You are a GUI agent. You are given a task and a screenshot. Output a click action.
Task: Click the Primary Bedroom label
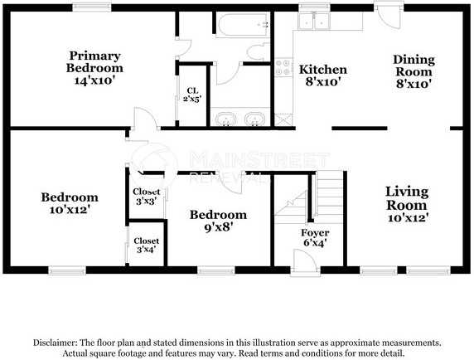[x=95, y=68]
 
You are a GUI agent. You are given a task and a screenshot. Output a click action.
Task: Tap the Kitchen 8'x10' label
[x=323, y=75]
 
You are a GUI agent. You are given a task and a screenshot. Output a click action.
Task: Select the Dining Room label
[x=414, y=71]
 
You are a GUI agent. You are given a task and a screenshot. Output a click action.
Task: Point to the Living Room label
[x=407, y=204]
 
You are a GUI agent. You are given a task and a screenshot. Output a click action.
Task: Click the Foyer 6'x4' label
[x=315, y=237]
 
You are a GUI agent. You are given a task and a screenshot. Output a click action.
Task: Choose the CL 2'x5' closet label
[x=192, y=95]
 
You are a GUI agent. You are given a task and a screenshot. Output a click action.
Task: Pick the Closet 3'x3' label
[x=147, y=197]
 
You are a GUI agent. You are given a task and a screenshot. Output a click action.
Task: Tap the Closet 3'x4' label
[x=147, y=245]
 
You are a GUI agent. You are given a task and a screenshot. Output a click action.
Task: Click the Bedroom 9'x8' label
[x=218, y=221]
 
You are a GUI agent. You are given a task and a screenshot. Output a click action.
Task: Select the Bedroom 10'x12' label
[x=70, y=203]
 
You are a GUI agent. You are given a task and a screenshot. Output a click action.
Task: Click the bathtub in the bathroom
[x=243, y=25]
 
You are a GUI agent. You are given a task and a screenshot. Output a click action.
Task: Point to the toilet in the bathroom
[x=258, y=51]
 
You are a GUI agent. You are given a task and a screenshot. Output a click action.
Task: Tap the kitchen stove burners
[x=283, y=67]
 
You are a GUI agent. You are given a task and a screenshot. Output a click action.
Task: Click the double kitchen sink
[x=314, y=20]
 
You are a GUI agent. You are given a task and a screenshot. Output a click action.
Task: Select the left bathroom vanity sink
[x=225, y=119]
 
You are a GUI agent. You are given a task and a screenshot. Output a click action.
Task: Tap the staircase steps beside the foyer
[x=329, y=197]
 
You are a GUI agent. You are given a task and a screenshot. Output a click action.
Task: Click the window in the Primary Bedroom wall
[x=92, y=7]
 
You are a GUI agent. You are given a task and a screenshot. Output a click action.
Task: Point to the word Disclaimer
[x=54, y=343]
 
